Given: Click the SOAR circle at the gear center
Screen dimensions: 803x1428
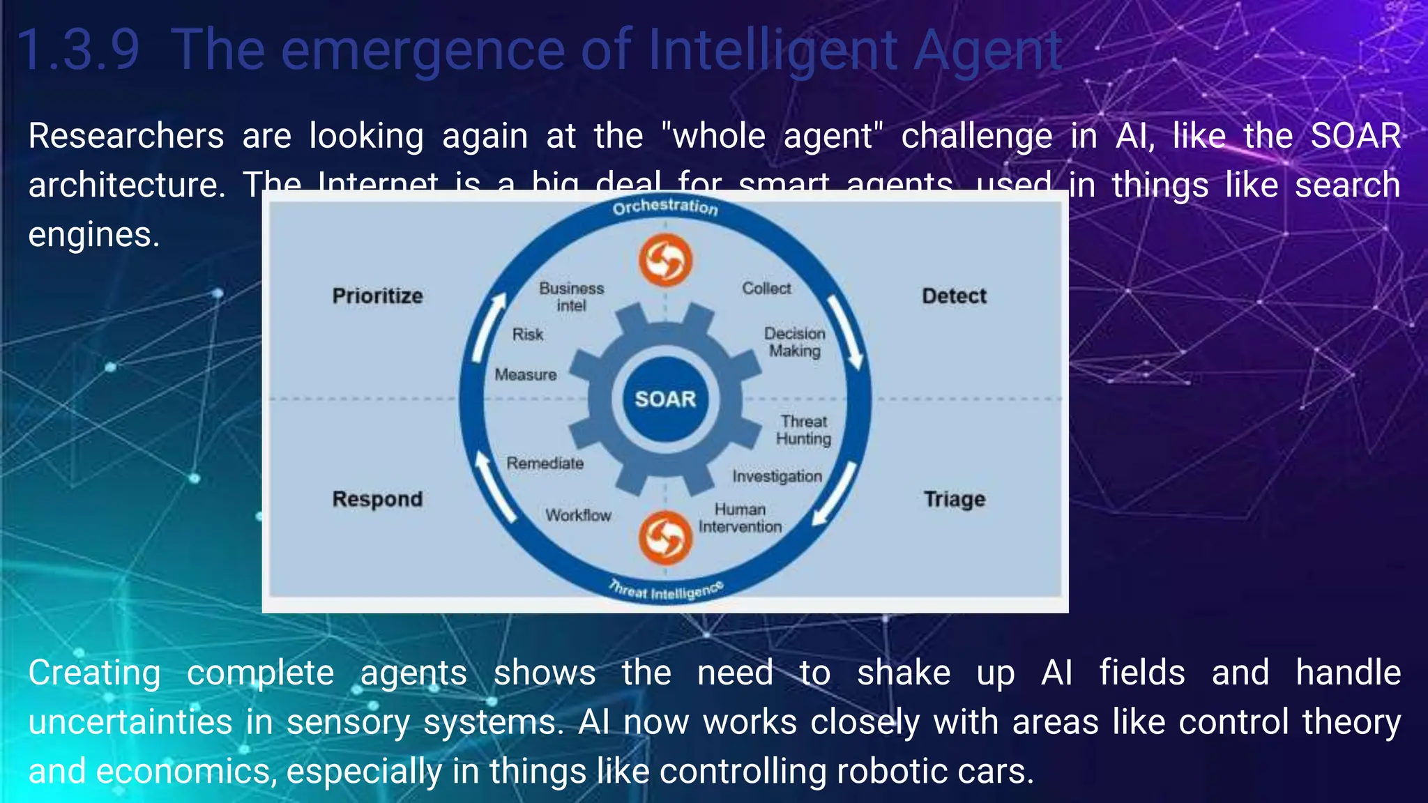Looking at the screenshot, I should (x=665, y=399).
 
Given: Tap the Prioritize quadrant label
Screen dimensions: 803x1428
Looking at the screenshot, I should (x=377, y=296).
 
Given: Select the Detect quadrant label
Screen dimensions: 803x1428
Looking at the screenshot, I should (x=954, y=296).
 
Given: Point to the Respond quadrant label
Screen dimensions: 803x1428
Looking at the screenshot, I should (x=377, y=499).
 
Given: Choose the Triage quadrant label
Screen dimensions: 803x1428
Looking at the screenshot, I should (x=954, y=499).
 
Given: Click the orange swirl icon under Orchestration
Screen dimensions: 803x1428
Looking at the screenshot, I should (x=665, y=260).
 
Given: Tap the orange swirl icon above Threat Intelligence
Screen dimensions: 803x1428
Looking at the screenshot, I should (x=665, y=537).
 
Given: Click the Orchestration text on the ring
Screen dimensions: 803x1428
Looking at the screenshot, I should (x=665, y=206).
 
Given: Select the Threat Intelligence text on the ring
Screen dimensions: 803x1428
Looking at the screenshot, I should (x=665, y=590).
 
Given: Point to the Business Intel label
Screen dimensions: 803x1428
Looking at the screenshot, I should (x=571, y=296).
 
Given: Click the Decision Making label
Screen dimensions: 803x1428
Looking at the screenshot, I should (x=794, y=342).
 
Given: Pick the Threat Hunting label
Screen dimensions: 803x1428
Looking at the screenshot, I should (x=803, y=429).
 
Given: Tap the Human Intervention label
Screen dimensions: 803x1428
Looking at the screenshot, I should (x=740, y=518).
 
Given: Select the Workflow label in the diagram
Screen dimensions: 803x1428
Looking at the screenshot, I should (x=578, y=515).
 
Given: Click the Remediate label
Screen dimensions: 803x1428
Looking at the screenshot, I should (x=545, y=463).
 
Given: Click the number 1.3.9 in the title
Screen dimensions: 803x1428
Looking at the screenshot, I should (x=78, y=50).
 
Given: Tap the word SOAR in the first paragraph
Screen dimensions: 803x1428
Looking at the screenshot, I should (x=1355, y=135).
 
